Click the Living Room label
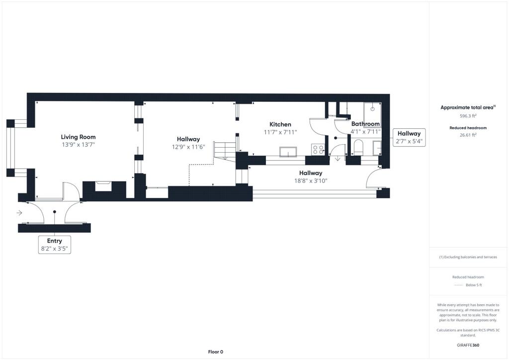coord(78,137)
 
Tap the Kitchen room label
coord(280,124)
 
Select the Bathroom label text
coord(365,124)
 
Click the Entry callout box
coord(55,245)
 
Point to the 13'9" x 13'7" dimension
coord(78,145)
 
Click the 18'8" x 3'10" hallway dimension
coord(311,181)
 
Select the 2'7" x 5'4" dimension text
coord(409,141)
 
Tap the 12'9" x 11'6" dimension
coord(188,147)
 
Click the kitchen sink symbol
coord(288,152)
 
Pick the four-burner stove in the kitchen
coord(318,150)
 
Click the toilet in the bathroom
coord(358,147)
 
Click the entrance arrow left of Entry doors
coord(19,213)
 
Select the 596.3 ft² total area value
coord(468,116)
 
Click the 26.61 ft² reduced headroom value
coord(468,135)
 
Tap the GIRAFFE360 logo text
coord(468,345)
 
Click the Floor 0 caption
coord(216,352)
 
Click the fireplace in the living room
coord(103,186)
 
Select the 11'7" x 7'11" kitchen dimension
coord(280,132)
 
